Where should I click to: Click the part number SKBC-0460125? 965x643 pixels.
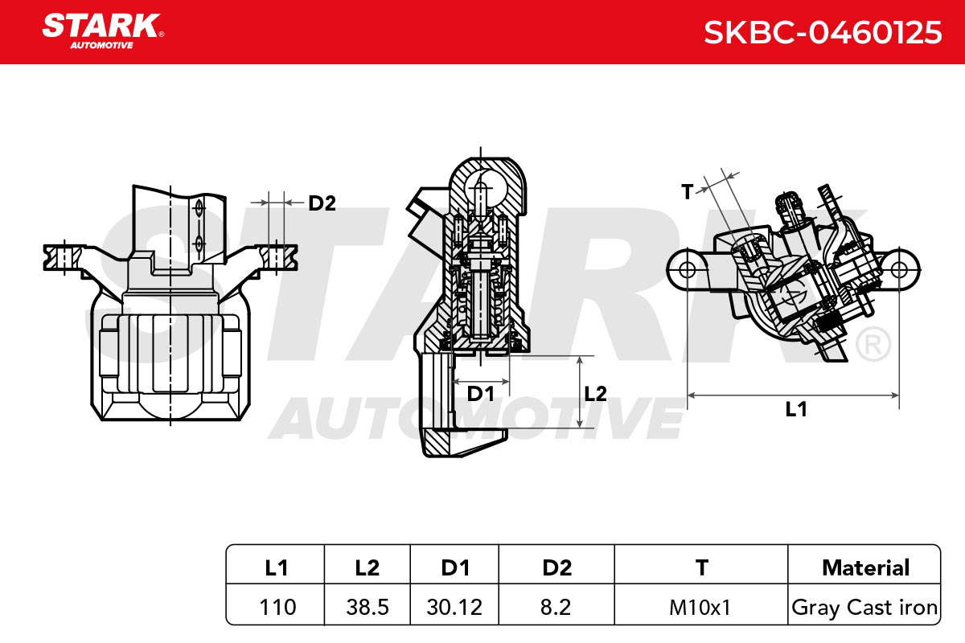click(823, 32)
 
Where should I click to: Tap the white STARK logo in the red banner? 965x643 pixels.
click(103, 31)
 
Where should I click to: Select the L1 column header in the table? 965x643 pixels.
click(276, 567)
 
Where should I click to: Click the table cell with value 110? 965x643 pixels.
click(277, 608)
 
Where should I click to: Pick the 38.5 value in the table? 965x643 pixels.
click(367, 608)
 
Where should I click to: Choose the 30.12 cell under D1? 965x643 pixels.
click(454, 608)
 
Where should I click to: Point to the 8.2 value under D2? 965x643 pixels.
click(556, 608)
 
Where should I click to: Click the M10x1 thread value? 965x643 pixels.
click(700, 608)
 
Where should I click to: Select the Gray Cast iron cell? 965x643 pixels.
click(864, 608)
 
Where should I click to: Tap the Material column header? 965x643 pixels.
click(865, 567)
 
